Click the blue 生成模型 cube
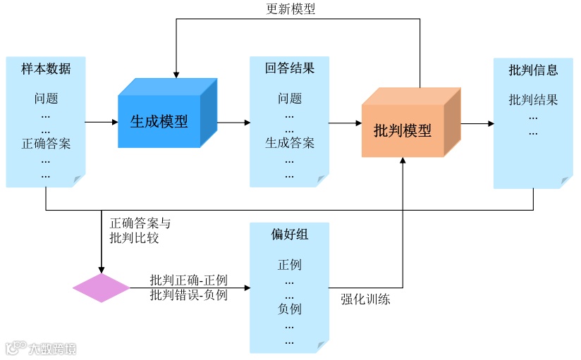pos(159,120)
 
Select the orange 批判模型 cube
pos(403,130)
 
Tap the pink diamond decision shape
pos(102,288)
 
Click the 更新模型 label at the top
pos(290,9)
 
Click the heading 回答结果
pos(290,69)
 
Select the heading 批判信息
pos(533,70)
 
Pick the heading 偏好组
pos(290,235)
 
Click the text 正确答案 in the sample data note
pos(46,144)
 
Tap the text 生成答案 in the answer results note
pos(290,143)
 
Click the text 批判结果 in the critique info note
pos(533,100)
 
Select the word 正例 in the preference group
pos(290,265)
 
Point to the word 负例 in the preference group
pos(290,309)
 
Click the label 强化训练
pos(365,299)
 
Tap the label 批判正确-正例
pos(188,280)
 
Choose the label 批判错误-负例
pos(188,295)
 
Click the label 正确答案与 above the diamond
pos(140,223)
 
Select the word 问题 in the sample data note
pos(46,99)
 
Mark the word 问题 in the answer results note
pos(290,99)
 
